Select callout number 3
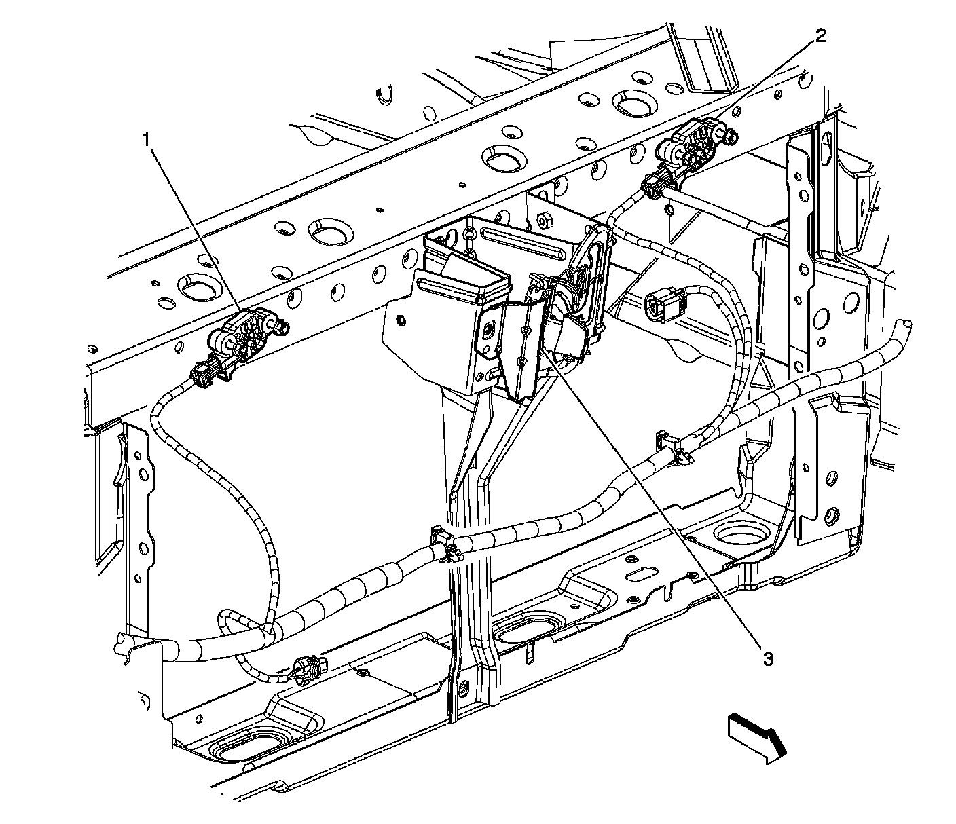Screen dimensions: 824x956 [x=768, y=658]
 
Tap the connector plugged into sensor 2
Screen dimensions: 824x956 [x=656, y=183]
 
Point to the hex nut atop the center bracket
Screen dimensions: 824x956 [x=544, y=220]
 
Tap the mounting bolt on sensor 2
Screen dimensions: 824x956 [x=731, y=139]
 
